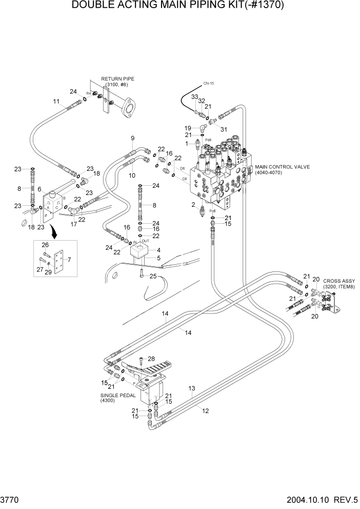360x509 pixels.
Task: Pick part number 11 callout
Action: tap(56, 101)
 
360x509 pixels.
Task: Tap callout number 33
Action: tap(194, 96)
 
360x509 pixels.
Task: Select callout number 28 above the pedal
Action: tap(151, 359)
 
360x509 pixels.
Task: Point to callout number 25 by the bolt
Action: tap(152, 277)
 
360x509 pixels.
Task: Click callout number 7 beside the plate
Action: tap(70, 259)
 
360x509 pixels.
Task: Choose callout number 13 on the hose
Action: tap(192, 388)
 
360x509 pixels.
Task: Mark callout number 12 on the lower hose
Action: tap(206, 410)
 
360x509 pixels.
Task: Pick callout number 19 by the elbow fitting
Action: tap(188, 127)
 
